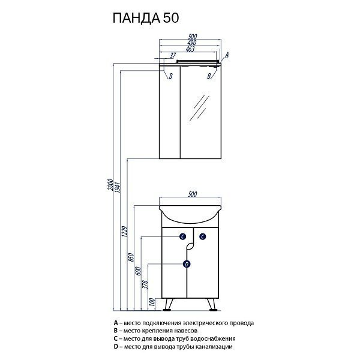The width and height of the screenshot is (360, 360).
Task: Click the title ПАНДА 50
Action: (x=146, y=18)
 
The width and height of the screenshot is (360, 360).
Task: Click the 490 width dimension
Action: (x=192, y=43)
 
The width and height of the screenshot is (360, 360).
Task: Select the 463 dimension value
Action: (x=190, y=49)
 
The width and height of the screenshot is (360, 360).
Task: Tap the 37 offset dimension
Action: (x=173, y=55)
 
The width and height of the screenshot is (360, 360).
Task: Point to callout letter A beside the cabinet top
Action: (x=227, y=55)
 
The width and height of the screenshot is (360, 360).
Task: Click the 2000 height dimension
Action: (x=111, y=184)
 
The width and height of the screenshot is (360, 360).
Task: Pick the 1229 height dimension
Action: (x=125, y=232)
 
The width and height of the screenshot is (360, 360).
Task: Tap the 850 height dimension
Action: (x=131, y=257)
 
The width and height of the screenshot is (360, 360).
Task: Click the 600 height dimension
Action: (x=138, y=271)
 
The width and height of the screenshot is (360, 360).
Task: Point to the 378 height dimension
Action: (x=145, y=284)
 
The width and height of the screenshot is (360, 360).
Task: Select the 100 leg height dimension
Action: (x=152, y=302)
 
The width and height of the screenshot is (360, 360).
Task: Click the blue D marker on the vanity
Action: (x=187, y=264)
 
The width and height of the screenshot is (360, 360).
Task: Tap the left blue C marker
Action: (x=182, y=236)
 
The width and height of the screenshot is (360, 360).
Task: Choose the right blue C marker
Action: (x=203, y=236)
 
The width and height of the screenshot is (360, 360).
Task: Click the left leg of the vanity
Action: (x=169, y=304)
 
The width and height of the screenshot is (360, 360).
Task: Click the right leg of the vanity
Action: (x=212, y=304)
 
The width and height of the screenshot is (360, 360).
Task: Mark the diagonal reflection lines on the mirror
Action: (x=200, y=107)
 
